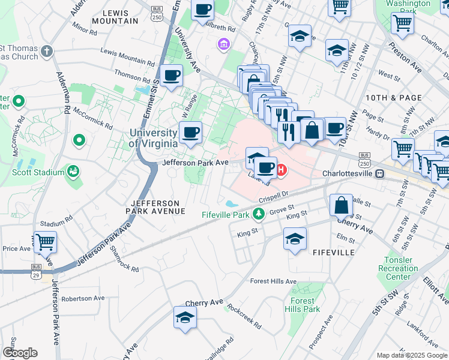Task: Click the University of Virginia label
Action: click(153, 138)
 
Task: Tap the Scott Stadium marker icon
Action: click(73, 172)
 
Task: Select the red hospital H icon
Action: click(281, 170)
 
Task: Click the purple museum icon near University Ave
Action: click(223, 43)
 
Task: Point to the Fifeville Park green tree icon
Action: click(258, 213)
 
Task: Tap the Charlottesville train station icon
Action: click(379, 173)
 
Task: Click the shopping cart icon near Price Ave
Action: click(45, 242)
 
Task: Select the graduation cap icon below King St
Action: click(295, 238)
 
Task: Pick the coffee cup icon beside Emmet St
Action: click(172, 76)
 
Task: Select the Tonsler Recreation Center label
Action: click(399, 268)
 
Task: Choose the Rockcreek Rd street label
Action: click(244, 316)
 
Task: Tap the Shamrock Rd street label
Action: click(124, 260)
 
